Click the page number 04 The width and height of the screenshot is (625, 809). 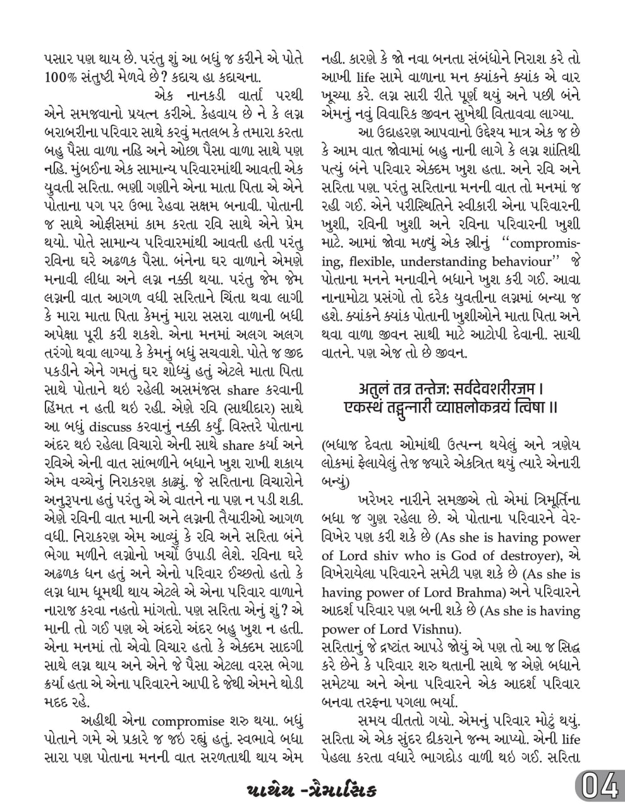click(597, 789)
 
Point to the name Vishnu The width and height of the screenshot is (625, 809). click(432, 629)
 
